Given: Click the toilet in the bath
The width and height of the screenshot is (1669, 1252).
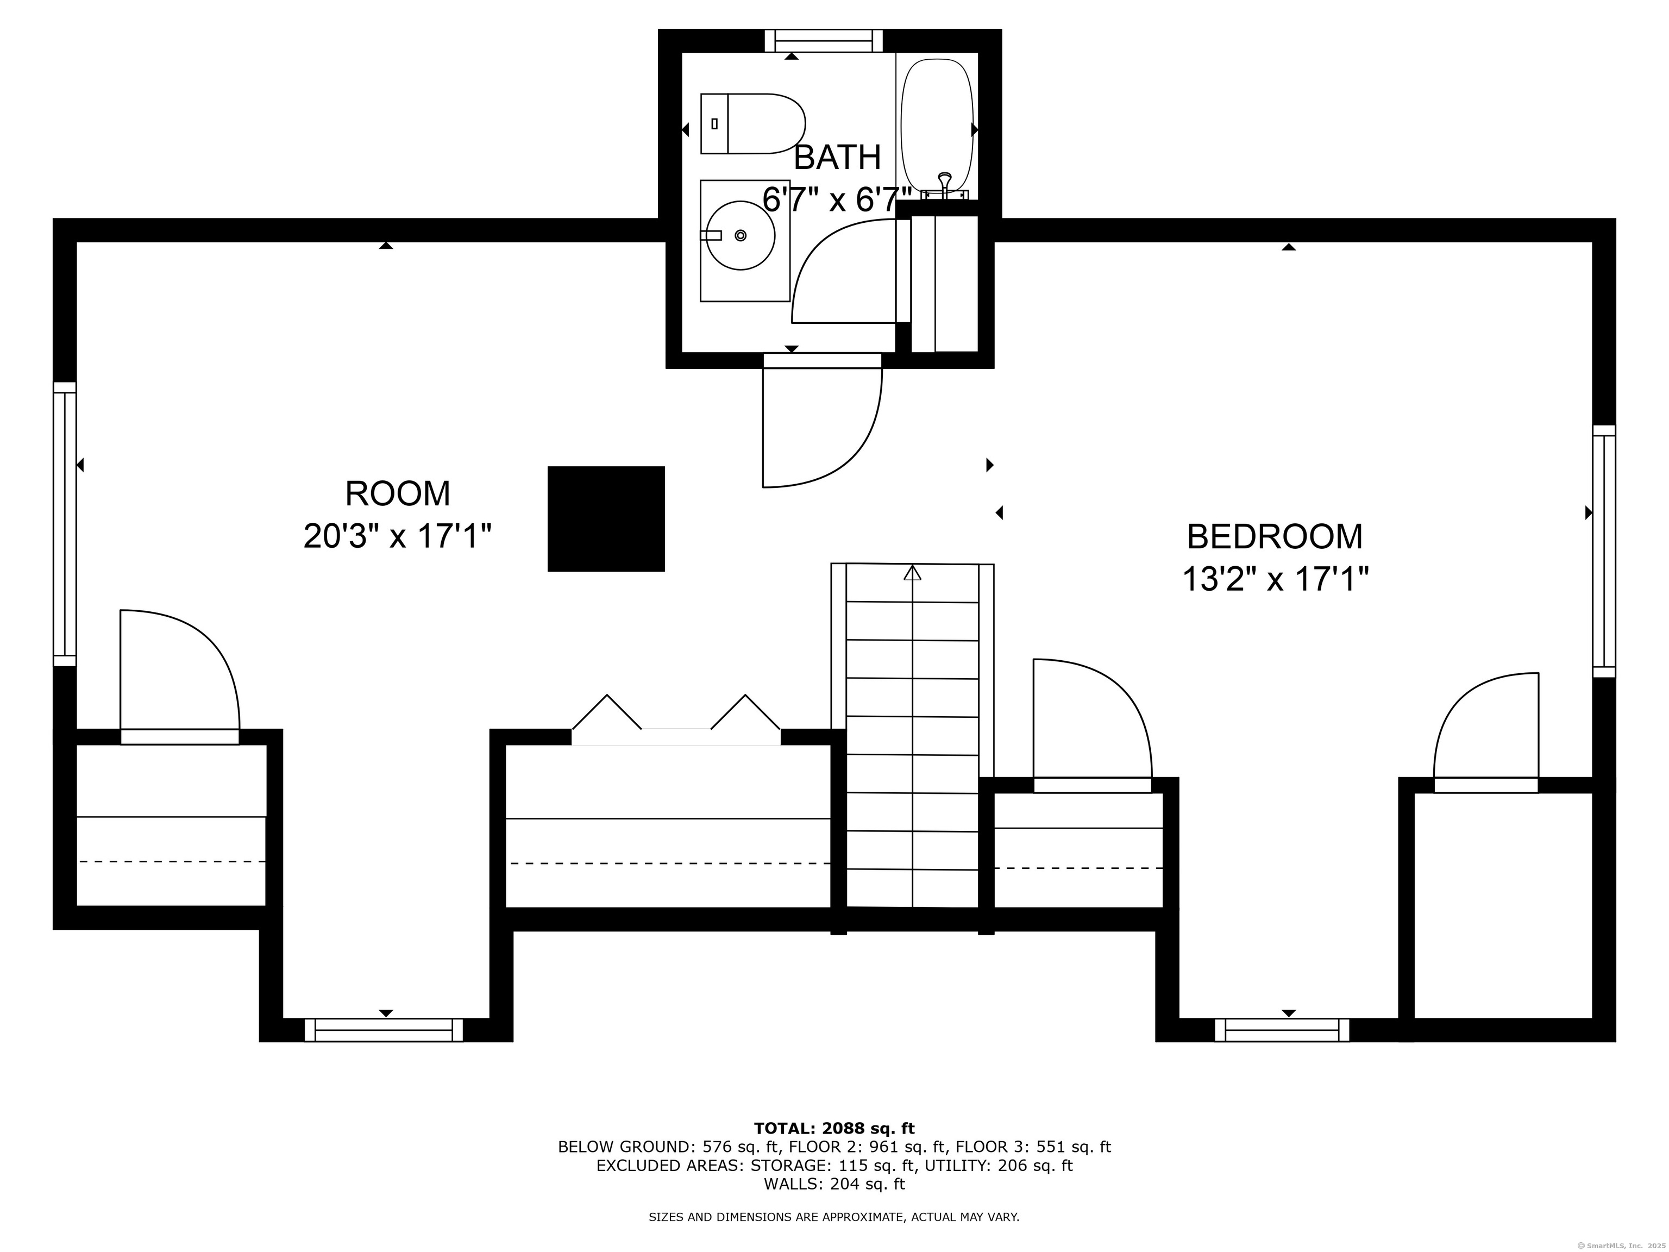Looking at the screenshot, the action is pyautogui.click(x=753, y=124).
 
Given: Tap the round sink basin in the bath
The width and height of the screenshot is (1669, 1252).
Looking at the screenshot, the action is pyautogui.click(x=739, y=235).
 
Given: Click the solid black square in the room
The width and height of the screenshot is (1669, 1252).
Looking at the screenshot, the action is pyautogui.click(x=606, y=518).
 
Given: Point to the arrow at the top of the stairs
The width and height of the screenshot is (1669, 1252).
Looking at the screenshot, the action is pyautogui.click(x=913, y=573).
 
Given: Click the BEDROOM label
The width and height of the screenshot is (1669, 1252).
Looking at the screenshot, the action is pyautogui.click(x=1275, y=536).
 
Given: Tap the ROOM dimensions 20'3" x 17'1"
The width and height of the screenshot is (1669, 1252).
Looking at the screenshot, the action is pyautogui.click(x=398, y=536).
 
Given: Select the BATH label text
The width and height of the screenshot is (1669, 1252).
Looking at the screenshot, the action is pyautogui.click(x=838, y=157).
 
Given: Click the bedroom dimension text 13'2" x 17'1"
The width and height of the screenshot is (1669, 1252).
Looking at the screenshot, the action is pyautogui.click(x=1275, y=580).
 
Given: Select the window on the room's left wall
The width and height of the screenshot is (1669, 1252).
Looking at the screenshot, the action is pyautogui.click(x=65, y=524).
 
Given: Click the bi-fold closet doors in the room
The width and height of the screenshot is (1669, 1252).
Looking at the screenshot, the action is pyautogui.click(x=676, y=721).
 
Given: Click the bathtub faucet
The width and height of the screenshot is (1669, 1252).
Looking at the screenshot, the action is pyautogui.click(x=944, y=186).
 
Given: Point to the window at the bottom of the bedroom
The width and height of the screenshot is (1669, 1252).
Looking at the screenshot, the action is pyautogui.click(x=1282, y=1030).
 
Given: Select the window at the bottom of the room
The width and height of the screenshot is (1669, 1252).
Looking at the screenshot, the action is pyautogui.click(x=384, y=1030).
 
